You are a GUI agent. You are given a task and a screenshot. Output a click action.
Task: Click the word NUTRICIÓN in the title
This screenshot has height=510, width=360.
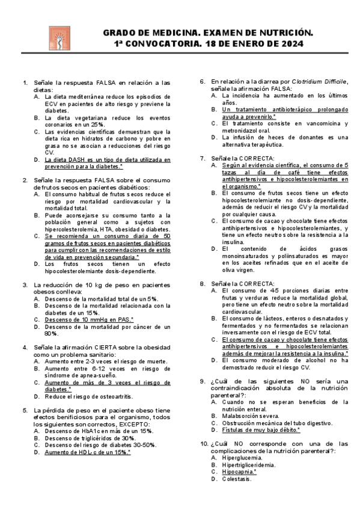pyautogui.click(x=279, y=32)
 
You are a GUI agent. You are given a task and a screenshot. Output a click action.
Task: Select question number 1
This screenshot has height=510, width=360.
pyautogui.click(x=25, y=82)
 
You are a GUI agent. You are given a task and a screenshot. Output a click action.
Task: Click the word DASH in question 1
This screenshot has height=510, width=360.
pyautogui.click(x=73, y=159)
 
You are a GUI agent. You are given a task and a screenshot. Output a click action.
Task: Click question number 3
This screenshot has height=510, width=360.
pyautogui.click(x=25, y=284)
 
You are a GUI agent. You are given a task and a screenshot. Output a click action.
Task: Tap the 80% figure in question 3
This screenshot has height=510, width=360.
pyautogui.click(x=50, y=333)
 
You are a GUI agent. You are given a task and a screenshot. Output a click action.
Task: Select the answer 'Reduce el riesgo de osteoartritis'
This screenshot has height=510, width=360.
pyautogui.click(x=88, y=396)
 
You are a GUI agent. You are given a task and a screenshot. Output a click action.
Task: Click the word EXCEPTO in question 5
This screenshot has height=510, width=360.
pyautogui.click(x=132, y=424)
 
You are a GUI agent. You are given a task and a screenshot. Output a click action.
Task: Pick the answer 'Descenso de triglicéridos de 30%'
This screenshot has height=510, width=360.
pyautogui.click(x=89, y=438)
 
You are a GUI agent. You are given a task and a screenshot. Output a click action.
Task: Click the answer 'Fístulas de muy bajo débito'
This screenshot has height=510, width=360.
pyautogui.click(x=260, y=429)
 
